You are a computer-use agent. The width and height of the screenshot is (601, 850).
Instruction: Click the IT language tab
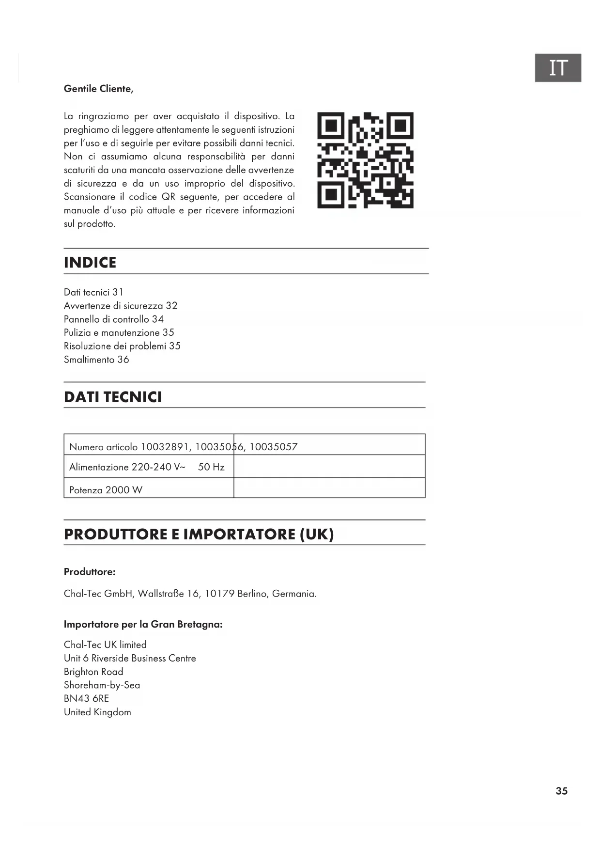557,68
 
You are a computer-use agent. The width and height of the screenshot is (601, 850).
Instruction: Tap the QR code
365,160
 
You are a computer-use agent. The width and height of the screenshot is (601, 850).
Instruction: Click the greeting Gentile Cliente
98,89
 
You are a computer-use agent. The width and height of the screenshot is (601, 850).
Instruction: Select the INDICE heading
90,262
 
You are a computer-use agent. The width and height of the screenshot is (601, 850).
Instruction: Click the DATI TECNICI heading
113,397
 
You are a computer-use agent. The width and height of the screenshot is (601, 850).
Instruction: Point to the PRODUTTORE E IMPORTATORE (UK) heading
199,534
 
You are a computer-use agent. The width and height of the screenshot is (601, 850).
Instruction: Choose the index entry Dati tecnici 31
93,292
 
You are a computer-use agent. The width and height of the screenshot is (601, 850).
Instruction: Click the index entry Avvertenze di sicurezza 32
121,306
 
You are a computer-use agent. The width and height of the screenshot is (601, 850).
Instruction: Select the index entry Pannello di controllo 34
114,319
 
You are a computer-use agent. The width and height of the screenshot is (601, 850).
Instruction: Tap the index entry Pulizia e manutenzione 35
119,333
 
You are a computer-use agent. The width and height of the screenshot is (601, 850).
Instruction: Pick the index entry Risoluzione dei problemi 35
122,346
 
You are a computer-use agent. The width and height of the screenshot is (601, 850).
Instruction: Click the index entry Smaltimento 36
96,360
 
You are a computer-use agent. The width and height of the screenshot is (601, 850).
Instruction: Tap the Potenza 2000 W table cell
106,490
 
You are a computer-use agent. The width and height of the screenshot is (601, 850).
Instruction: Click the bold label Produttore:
90,572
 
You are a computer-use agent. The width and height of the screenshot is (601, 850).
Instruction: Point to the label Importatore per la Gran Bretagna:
143,624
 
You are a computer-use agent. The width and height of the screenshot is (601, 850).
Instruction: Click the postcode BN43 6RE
86,698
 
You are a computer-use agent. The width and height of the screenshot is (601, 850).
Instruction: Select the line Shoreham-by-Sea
102,685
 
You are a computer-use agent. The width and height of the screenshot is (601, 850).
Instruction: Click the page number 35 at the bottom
561,791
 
